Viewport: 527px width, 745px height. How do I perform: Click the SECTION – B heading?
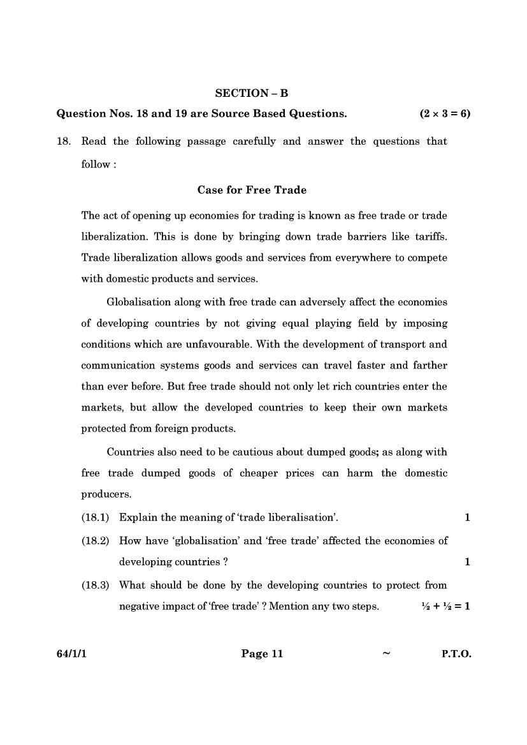point(252,93)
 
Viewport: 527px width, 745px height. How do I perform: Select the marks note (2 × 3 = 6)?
point(444,114)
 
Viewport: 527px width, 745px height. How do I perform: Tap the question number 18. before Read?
point(64,141)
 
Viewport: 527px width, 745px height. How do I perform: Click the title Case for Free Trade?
point(252,190)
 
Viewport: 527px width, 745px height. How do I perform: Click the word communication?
point(119,366)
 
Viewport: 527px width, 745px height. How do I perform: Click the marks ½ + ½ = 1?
point(445,607)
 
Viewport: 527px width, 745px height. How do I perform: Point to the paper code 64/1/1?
point(71,654)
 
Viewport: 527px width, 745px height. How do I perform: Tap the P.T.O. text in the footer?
point(456,654)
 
